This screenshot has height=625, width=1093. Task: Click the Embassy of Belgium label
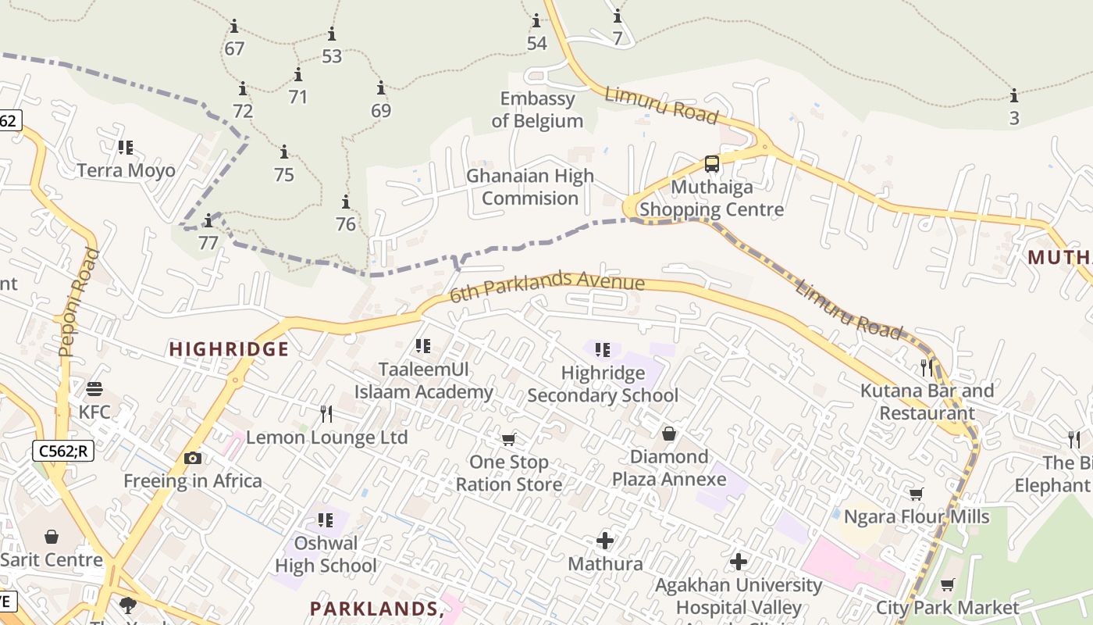pyautogui.click(x=537, y=109)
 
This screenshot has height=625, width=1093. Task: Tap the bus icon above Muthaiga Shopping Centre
pyautogui.click(x=712, y=164)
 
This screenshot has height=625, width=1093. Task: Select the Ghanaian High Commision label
pyautogui.click(x=530, y=187)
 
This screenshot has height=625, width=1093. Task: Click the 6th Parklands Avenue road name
pyautogui.click(x=546, y=286)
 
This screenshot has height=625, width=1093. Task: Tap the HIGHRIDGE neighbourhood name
pyautogui.click(x=229, y=349)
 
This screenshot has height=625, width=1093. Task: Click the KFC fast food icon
pyautogui.click(x=94, y=388)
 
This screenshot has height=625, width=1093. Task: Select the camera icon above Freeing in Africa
pyautogui.click(x=193, y=458)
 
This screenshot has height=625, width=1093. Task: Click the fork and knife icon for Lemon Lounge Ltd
pyautogui.click(x=326, y=413)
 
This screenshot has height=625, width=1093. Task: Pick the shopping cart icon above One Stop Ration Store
pyautogui.click(x=509, y=440)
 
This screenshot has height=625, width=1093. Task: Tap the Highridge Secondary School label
pyautogui.click(x=603, y=384)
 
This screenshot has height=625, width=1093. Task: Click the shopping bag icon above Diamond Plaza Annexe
pyautogui.click(x=669, y=434)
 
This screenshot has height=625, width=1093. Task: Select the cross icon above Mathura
pyautogui.click(x=605, y=541)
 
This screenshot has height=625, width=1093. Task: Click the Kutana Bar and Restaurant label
pyautogui.click(x=927, y=402)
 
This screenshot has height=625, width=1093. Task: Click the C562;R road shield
pyautogui.click(x=63, y=450)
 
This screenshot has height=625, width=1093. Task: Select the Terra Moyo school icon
pyautogui.click(x=126, y=147)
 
